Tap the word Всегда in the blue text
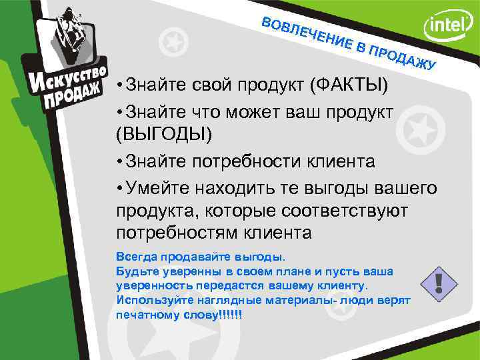coord(133,256)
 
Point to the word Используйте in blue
coord(149,301)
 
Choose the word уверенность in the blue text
coord(149,285)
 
